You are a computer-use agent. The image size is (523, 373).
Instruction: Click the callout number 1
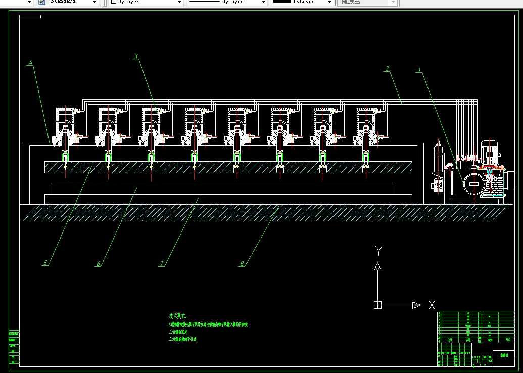point(418,70)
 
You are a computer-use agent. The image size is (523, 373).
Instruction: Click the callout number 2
point(387,68)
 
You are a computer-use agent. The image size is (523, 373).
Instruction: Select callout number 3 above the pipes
point(136,57)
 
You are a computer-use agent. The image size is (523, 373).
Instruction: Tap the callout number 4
point(31,63)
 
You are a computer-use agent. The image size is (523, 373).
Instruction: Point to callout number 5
point(45,263)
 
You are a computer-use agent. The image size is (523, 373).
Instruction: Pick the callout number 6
point(99,264)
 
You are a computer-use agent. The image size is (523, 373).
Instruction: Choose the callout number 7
point(162,264)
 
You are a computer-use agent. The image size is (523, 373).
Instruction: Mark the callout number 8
point(242,264)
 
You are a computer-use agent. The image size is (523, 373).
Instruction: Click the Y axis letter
point(378,250)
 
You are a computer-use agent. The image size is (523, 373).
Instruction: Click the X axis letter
point(432,305)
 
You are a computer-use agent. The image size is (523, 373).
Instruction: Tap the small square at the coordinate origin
point(377,305)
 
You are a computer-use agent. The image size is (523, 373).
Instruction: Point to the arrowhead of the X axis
point(416,305)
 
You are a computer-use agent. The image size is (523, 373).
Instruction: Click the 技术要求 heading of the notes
point(178,315)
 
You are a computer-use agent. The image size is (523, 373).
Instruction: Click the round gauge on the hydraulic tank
point(473,182)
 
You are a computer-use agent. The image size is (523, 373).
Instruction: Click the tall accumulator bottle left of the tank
point(438,154)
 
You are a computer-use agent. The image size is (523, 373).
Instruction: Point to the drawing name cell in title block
point(503,355)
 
